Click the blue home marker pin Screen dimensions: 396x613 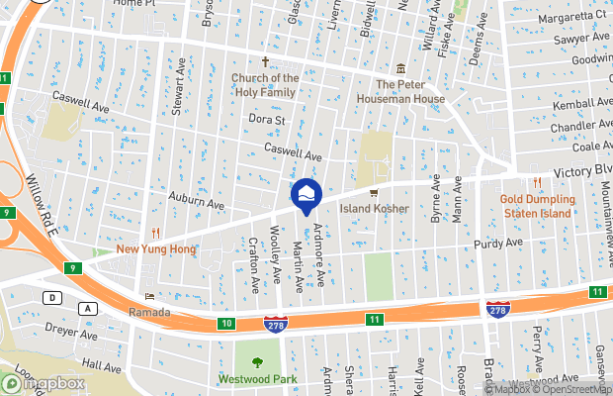click(x=306, y=194)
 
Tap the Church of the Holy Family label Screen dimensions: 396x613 click(x=265, y=85)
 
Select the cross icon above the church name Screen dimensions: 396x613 click(x=265, y=61)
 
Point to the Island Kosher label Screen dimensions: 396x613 click(x=375, y=209)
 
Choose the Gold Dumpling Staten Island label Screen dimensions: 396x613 click(x=537, y=206)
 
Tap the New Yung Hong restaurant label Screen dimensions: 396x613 click(x=155, y=248)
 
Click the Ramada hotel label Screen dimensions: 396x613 click(x=149, y=312)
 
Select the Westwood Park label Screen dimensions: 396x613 click(x=258, y=379)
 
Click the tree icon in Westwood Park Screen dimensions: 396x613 click(x=258, y=362)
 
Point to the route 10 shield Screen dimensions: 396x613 click(x=226, y=324)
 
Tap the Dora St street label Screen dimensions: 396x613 click(x=266, y=120)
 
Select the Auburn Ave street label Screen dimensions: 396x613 click(x=196, y=201)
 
